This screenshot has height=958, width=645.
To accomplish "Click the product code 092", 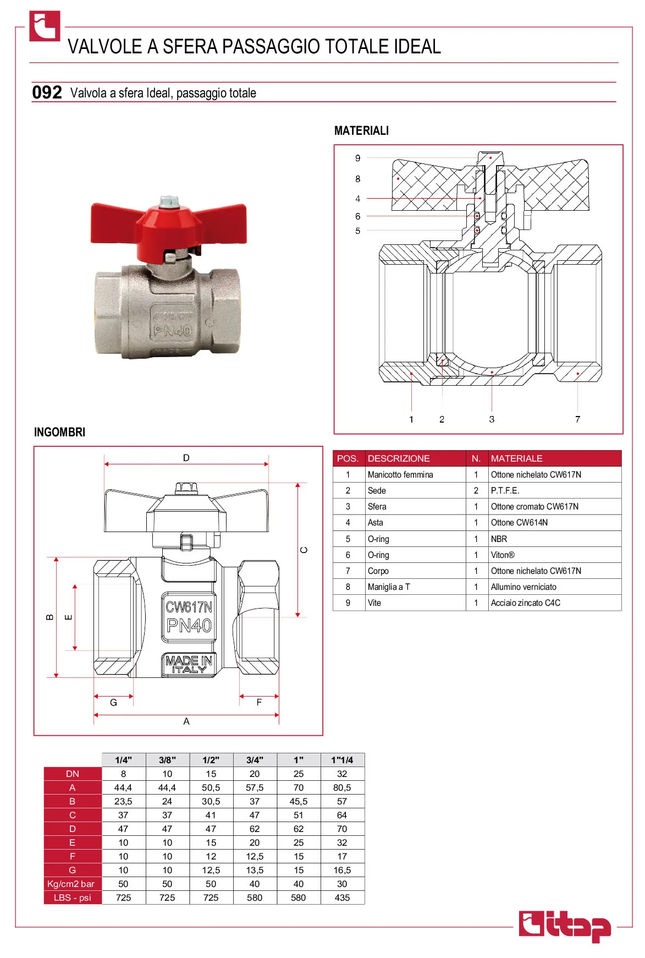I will (x=47, y=92).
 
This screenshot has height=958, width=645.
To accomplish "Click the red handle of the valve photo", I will (x=168, y=226).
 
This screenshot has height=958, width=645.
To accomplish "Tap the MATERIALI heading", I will (x=361, y=131).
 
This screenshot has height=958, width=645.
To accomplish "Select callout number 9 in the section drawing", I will (x=358, y=158).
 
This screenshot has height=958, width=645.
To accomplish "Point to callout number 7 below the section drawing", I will (x=577, y=419).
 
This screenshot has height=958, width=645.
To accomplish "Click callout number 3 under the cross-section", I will (x=492, y=419).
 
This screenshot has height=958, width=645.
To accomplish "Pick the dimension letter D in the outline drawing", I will (x=186, y=458).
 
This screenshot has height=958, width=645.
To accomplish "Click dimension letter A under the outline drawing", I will (x=186, y=721).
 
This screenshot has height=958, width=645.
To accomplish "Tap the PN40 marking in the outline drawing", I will (x=189, y=626).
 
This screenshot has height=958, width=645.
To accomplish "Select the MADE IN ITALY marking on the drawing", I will (x=189, y=665).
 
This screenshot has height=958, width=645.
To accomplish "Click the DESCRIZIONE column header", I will (x=399, y=458).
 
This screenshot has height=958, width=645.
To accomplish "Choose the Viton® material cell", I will (x=503, y=555).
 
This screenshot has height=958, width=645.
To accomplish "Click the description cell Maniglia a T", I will (x=389, y=587).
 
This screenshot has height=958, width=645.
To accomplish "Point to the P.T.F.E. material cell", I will (x=505, y=491).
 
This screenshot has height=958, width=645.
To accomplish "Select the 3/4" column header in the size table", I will (x=255, y=760).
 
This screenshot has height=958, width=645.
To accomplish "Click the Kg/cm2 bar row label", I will (x=71, y=884).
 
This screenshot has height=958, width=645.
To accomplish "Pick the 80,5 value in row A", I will (x=342, y=787).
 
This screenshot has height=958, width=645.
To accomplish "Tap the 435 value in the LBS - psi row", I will (x=342, y=897).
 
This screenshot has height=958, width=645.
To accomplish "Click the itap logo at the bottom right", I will (x=565, y=926).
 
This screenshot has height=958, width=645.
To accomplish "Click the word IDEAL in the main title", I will (x=417, y=47).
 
